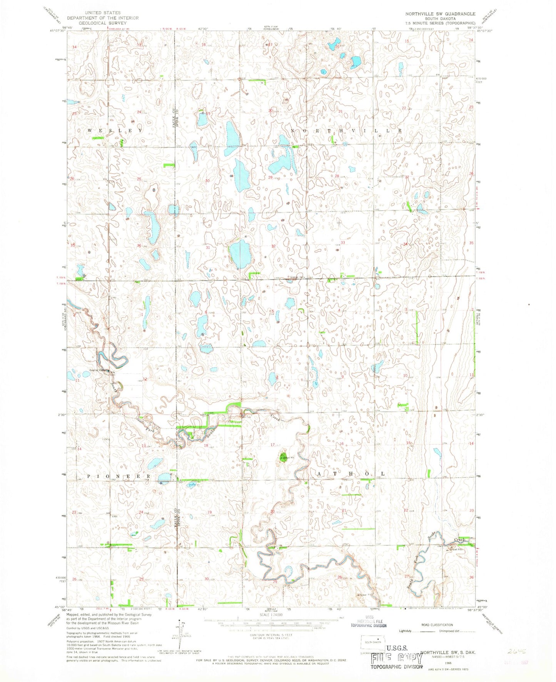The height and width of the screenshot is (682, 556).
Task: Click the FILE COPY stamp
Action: pyautogui.click(x=396, y=659)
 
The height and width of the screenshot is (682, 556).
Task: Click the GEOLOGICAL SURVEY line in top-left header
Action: pyautogui.click(x=102, y=23)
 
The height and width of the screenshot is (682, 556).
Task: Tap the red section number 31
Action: pyautogui.click(x=208, y=247)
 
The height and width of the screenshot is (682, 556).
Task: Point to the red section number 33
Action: pyautogui.click(x=342, y=243)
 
